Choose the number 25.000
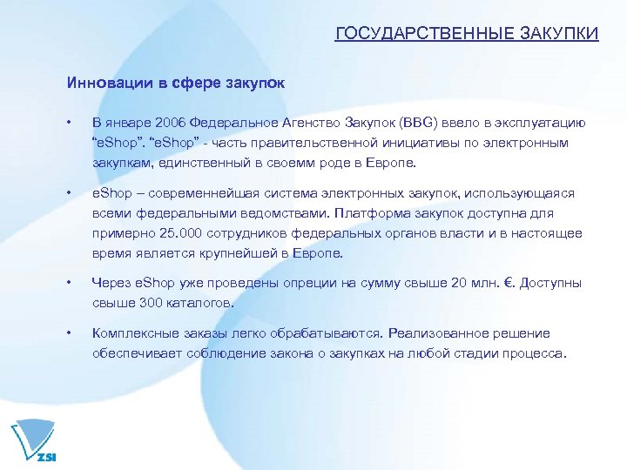(x=182, y=234)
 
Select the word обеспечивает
(x=136, y=353)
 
